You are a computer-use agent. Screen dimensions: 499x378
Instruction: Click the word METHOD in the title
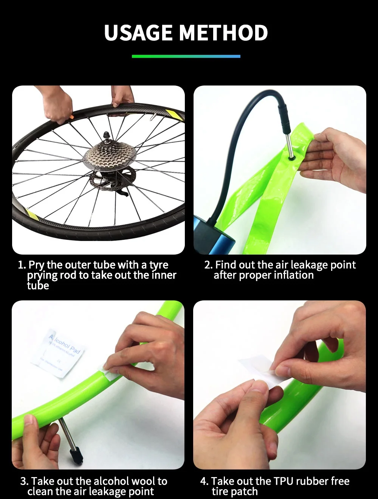tap(223, 33)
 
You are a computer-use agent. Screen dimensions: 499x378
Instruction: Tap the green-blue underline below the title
tap(186, 56)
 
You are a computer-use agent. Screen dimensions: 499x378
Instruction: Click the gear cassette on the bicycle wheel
tap(109, 155)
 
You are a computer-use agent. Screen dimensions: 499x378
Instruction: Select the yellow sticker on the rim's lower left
tap(32, 215)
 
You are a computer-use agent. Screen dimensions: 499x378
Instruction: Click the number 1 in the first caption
tap(21, 265)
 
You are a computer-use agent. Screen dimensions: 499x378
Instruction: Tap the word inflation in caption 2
tap(293, 275)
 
